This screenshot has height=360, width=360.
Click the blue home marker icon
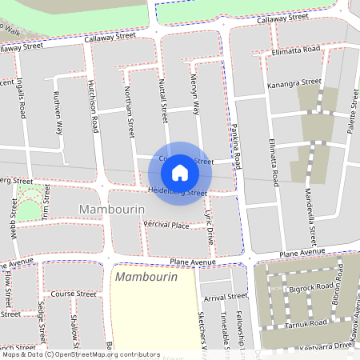pyautogui.click(x=180, y=172)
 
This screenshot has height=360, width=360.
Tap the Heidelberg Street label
pyautogui.click(x=178, y=191)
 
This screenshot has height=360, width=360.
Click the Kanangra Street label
pyautogui.click(x=296, y=82)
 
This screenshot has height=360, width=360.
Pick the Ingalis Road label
pyautogui.click(x=20, y=99)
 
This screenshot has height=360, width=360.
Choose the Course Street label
pyautogui.click(x=74, y=294)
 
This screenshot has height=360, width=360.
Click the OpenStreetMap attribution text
pyautogui.click(x=80, y=354)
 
